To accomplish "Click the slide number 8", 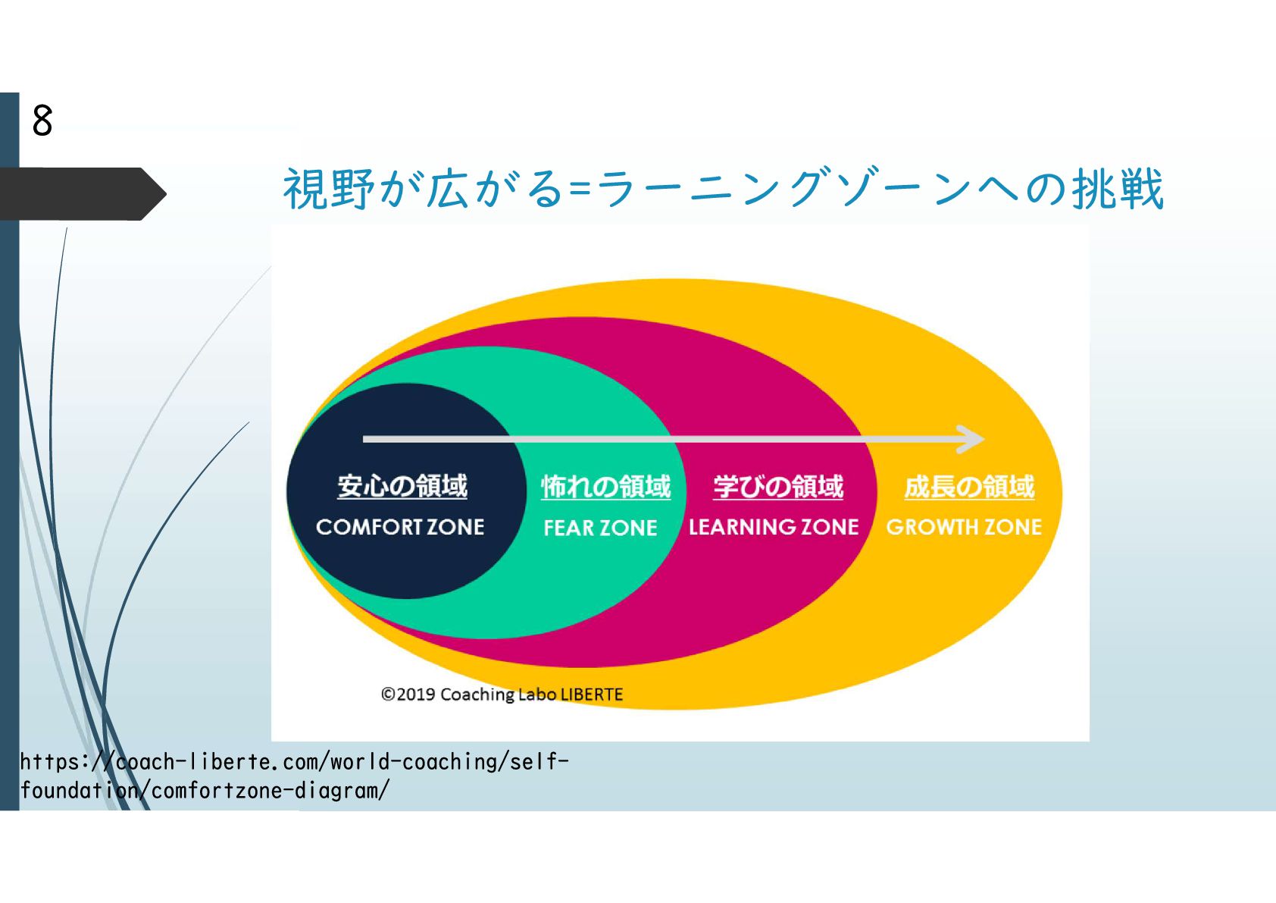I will [42, 121].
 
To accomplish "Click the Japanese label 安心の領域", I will [402, 486].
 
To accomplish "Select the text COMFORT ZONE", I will [400, 527].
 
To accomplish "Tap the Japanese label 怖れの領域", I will [605, 487].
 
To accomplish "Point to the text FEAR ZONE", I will [600, 528].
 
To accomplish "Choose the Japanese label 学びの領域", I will [777, 487].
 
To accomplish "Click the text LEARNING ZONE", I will [774, 527].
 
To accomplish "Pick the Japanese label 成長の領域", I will [969, 487].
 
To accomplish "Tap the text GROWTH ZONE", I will [964, 527].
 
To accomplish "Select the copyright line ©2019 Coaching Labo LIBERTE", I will [502, 694].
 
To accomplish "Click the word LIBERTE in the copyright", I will [592, 694].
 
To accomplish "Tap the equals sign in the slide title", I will [580, 190].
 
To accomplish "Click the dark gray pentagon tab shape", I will [80, 194].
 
